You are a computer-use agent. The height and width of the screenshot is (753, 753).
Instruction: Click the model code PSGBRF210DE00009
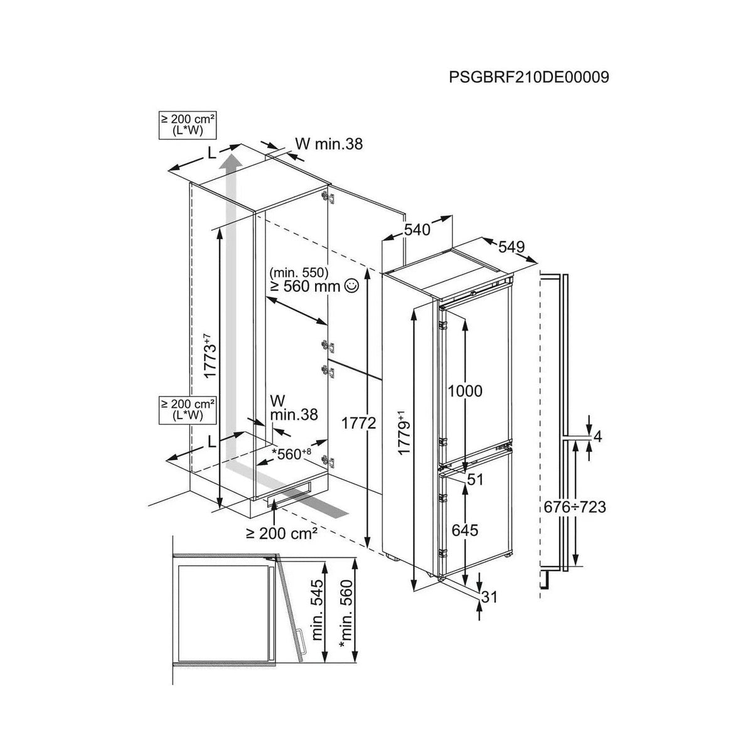529,77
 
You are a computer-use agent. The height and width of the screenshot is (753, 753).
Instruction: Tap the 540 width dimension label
417,230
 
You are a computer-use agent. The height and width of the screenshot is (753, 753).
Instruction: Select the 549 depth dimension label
511,247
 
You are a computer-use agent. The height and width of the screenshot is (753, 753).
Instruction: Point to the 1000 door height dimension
464,390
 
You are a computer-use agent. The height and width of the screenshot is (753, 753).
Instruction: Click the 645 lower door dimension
464,530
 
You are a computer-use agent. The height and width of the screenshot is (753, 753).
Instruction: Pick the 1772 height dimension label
358,422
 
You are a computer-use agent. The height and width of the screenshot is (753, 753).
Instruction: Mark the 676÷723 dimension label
575,507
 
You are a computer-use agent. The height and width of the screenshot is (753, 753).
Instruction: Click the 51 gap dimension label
476,479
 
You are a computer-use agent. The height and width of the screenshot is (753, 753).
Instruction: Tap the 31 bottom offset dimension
489,597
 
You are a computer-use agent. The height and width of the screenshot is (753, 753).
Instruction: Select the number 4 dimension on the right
597,437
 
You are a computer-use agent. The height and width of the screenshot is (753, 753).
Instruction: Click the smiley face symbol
352,286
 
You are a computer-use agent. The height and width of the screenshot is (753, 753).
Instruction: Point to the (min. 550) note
299,272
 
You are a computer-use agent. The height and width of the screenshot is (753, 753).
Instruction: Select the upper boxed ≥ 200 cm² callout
188,125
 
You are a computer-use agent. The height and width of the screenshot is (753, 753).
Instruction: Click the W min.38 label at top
329,144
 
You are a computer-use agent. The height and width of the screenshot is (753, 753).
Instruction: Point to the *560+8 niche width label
292,454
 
